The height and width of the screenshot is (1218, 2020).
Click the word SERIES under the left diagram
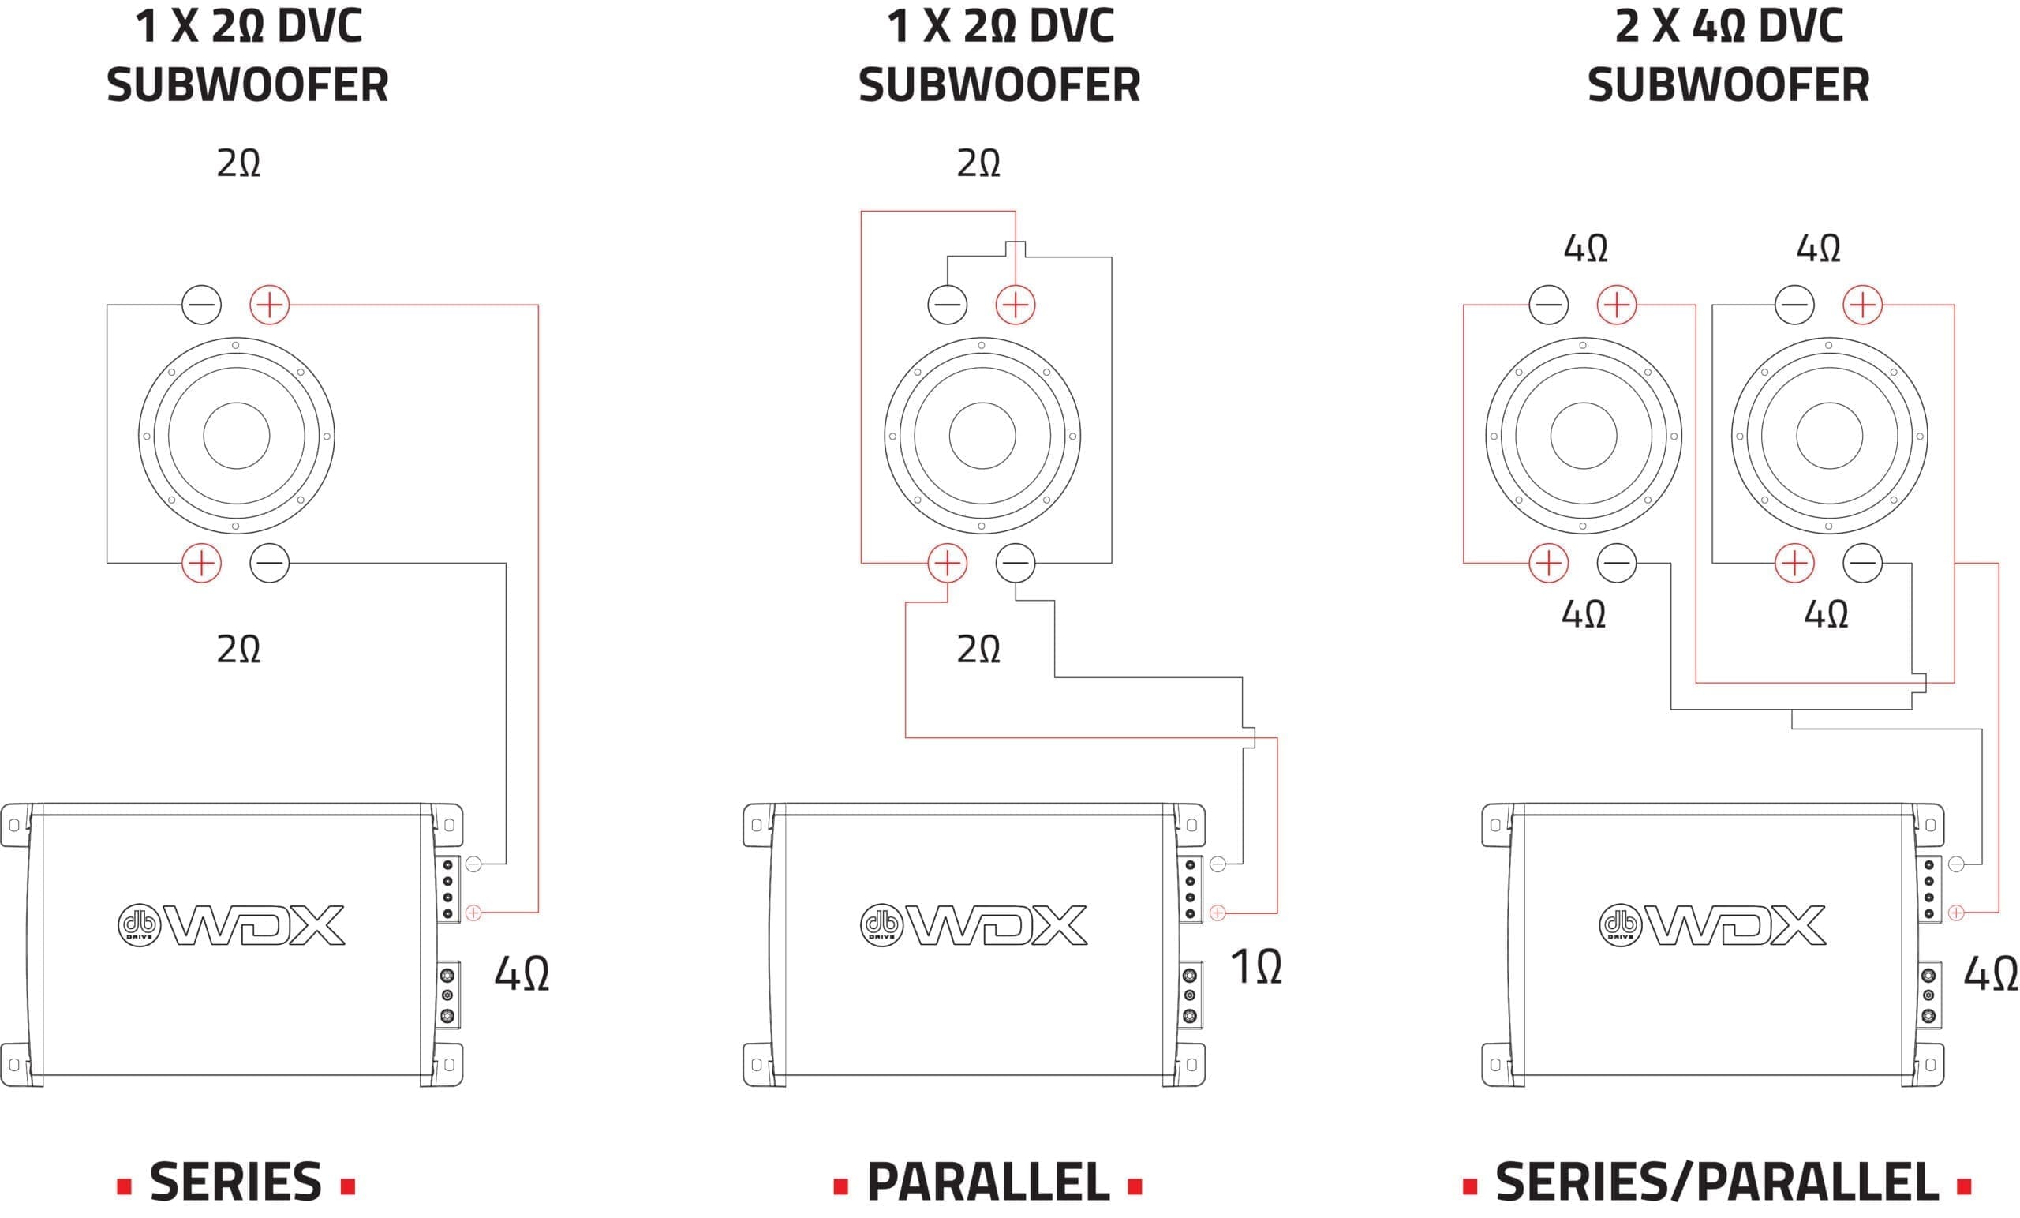pos(235,1182)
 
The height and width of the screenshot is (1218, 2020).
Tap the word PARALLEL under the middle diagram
pos(988,1182)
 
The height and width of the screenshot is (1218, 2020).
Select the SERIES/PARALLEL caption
pos(1718,1182)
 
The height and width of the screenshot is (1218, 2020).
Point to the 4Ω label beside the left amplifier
pos(522,973)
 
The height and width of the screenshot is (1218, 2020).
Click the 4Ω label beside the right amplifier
pos(1991,973)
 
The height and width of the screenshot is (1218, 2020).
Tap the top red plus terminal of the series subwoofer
pos(270,305)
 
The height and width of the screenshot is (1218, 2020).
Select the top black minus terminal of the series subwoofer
pos(202,305)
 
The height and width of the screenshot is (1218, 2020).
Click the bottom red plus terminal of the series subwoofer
pos(202,563)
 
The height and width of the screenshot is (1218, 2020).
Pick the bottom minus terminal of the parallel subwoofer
pos(1016,563)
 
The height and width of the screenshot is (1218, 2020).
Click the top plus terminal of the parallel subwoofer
pos(1016,305)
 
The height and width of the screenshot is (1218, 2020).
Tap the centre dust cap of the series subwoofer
pos(236,436)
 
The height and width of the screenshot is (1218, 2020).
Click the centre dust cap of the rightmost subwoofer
pos(1829,436)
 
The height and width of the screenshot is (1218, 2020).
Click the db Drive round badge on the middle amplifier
pos(881,925)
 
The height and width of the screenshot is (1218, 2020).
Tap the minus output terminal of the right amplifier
pos(1956,864)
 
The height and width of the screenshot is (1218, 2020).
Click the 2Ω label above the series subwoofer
pos(238,163)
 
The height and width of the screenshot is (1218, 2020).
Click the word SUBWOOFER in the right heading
pos(1729,84)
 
